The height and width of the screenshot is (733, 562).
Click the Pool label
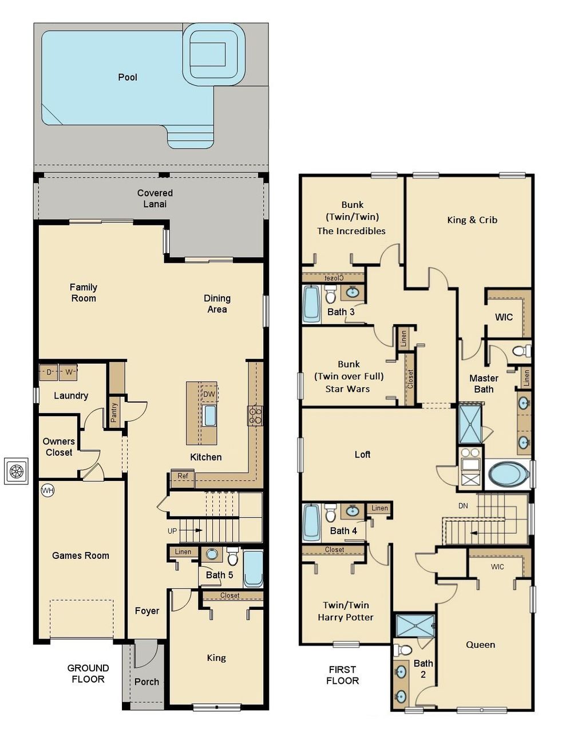(127, 77)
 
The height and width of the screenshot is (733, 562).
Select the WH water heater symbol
(48, 491)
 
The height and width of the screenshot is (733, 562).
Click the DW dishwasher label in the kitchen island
(209, 394)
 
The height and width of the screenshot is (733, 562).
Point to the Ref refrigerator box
(183, 476)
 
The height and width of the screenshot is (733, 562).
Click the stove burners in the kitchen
(255, 415)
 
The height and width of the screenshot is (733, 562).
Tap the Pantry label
(114, 412)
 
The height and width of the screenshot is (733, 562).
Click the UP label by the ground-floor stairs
(172, 531)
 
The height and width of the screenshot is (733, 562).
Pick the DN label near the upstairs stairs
(463, 506)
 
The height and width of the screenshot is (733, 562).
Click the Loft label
(362, 455)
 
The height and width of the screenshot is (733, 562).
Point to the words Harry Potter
(346, 617)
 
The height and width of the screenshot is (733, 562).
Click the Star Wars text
(348, 389)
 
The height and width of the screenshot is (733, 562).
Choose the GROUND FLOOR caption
(88, 673)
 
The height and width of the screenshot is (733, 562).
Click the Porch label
(147, 682)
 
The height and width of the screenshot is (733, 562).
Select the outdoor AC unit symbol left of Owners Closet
(16, 471)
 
